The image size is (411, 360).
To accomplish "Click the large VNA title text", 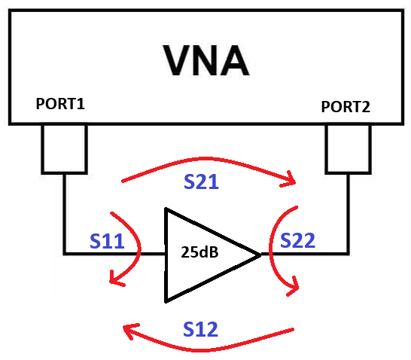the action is [x=205, y=60].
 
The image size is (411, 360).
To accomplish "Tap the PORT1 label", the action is [x=60, y=104].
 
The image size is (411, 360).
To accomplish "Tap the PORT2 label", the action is [x=346, y=107].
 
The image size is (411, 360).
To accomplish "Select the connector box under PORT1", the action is [x=64, y=149].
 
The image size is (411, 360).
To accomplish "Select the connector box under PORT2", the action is [x=348, y=149].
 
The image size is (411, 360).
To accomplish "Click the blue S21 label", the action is [x=201, y=182].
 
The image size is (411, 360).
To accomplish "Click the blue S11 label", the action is [x=107, y=241].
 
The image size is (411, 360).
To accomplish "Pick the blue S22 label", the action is [x=297, y=240].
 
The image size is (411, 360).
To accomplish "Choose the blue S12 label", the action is [x=200, y=329].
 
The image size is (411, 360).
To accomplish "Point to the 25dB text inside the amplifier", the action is [x=199, y=252].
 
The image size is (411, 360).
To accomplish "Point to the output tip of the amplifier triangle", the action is [x=260, y=255].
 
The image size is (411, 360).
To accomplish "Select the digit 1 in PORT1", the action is [x=81, y=104].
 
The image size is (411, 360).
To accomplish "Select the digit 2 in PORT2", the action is [x=366, y=107].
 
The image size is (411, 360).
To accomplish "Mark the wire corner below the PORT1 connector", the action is [x=65, y=254].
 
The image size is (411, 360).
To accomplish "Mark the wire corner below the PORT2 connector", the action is [x=348, y=254].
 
